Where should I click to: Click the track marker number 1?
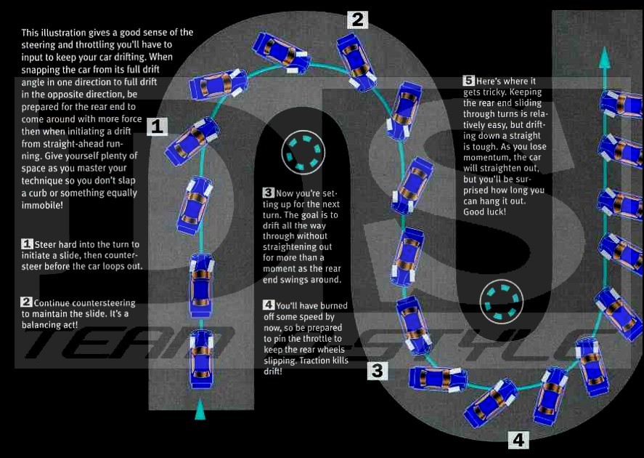click(158, 126)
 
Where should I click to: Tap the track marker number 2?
click(357, 20)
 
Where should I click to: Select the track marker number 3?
click(378, 371)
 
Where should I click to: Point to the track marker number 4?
click(518, 440)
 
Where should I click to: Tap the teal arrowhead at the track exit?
click(604, 57)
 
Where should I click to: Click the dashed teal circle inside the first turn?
click(303, 153)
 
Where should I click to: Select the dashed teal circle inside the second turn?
click(502, 302)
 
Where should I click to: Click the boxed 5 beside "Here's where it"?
click(468, 81)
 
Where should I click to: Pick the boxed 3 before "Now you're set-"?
click(268, 193)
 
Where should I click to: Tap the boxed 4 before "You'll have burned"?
click(269, 305)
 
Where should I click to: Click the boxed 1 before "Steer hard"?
click(27, 244)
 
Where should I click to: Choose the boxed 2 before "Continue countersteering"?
click(26, 302)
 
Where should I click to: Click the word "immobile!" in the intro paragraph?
click(42, 205)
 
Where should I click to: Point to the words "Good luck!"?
click(485, 212)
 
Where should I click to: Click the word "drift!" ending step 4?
click(273, 371)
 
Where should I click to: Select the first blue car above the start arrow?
click(201, 359)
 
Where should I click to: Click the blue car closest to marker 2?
click(356, 62)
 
